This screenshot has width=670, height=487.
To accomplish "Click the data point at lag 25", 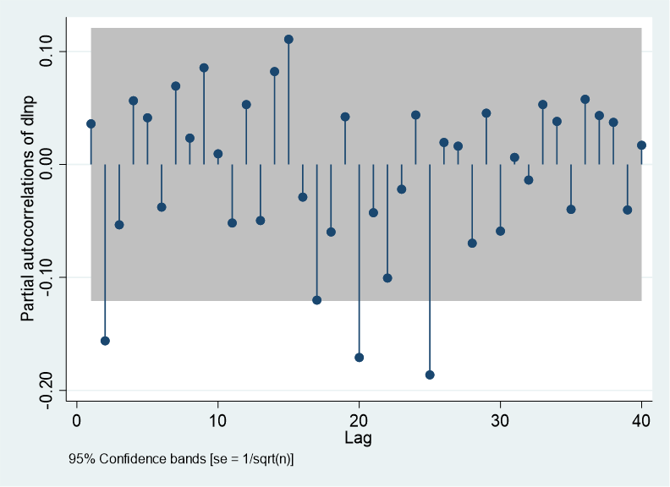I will click(430, 375).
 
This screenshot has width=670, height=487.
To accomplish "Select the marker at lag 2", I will click(105, 341).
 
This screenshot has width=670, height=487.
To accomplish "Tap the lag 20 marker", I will click(360, 358).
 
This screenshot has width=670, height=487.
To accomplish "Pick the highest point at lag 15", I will click(288, 39).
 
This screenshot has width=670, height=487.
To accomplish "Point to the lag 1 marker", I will click(91, 123).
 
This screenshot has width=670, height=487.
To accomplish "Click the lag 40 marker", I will click(641, 145).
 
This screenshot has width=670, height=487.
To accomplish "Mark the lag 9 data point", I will click(204, 68).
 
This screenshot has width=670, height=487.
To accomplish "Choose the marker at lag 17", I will click(317, 300).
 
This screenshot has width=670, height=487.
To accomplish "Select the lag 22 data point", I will click(387, 278).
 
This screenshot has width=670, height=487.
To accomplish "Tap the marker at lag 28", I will click(472, 243).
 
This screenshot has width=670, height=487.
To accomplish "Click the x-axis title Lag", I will click(358, 438).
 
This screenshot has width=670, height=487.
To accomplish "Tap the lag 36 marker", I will click(585, 100).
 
